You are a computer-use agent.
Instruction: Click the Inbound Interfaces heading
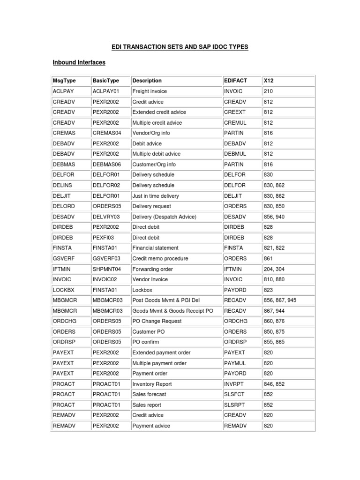pyautogui.click(x=79, y=62)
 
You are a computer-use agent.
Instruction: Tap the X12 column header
pyautogui.click(x=269, y=81)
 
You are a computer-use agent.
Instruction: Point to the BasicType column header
pyautogui.click(x=105, y=81)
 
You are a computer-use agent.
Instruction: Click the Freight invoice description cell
pyautogui.click(x=150, y=91)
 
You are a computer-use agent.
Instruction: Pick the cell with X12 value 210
pyautogui.click(x=268, y=91)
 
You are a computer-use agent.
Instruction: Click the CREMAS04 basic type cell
pyautogui.click(x=107, y=133)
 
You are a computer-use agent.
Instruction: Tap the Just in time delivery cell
pyautogui.click(x=156, y=196)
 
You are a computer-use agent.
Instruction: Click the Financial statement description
pyautogui.click(x=156, y=248)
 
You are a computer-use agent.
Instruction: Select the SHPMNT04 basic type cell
pyautogui.click(x=107, y=269)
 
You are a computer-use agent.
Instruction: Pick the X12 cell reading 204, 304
pyautogui.click(x=274, y=269)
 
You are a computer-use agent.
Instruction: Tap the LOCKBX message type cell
pyautogui.click(x=63, y=290)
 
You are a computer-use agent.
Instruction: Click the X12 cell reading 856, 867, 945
pyautogui.click(x=280, y=300)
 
